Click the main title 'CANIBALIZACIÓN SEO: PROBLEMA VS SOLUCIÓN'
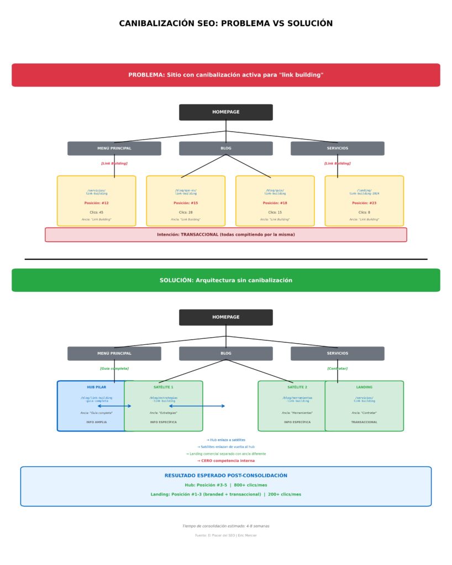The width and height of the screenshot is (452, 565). (x=225, y=23)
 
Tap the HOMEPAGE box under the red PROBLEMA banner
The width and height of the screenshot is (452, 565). (x=225, y=112)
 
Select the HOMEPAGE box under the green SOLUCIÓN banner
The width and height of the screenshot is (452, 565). (x=225, y=317)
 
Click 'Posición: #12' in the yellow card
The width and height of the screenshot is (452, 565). (x=96, y=203)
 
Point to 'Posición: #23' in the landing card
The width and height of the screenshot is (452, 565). (x=364, y=203)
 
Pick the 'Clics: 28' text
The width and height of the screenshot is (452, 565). (x=186, y=212)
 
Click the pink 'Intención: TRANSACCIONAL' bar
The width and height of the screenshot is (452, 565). (x=225, y=234)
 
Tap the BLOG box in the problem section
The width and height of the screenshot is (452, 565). (x=225, y=148)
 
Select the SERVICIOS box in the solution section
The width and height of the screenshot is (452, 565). (x=337, y=354)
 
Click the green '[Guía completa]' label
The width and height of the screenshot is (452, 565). (x=114, y=369)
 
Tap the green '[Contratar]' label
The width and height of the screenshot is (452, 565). (x=337, y=369)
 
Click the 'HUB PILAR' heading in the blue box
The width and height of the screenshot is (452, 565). (x=96, y=387)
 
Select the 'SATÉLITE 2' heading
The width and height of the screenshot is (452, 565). (x=297, y=387)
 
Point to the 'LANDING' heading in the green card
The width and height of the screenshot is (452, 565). (x=364, y=387)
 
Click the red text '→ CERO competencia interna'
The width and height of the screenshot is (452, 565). (x=225, y=461)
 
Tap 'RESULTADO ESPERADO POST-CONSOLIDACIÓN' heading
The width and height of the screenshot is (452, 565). (x=225, y=476)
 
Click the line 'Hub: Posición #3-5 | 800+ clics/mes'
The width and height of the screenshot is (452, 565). (x=225, y=485)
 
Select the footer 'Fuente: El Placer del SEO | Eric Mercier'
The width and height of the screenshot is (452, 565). (x=225, y=535)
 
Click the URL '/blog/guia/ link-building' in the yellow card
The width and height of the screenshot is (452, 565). (x=275, y=192)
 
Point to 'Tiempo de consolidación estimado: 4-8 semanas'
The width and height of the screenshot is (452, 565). (x=225, y=526)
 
